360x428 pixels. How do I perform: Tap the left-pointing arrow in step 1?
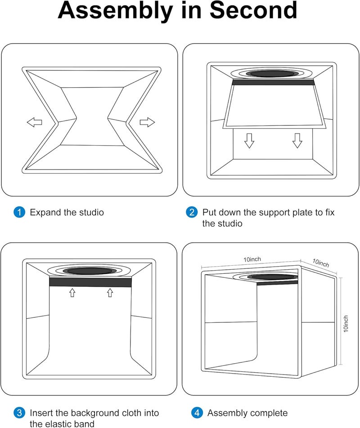(x=34, y=122)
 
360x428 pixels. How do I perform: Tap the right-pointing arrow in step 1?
(x=147, y=122)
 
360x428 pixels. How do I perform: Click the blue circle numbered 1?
(x=19, y=212)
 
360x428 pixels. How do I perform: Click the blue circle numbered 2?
(x=192, y=212)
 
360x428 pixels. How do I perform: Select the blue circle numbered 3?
(x=19, y=413)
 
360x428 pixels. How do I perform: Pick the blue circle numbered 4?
(x=196, y=413)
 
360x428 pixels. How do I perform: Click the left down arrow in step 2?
(x=249, y=141)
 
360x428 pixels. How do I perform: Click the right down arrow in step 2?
(x=297, y=141)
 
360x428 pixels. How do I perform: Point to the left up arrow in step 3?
(x=72, y=293)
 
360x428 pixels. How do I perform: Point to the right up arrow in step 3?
(x=109, y=293)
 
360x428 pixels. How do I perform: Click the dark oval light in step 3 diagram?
(x=90, y=271)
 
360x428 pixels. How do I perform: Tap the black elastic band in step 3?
(x=90, y=282)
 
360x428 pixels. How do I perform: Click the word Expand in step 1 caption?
(x=45, y=212)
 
